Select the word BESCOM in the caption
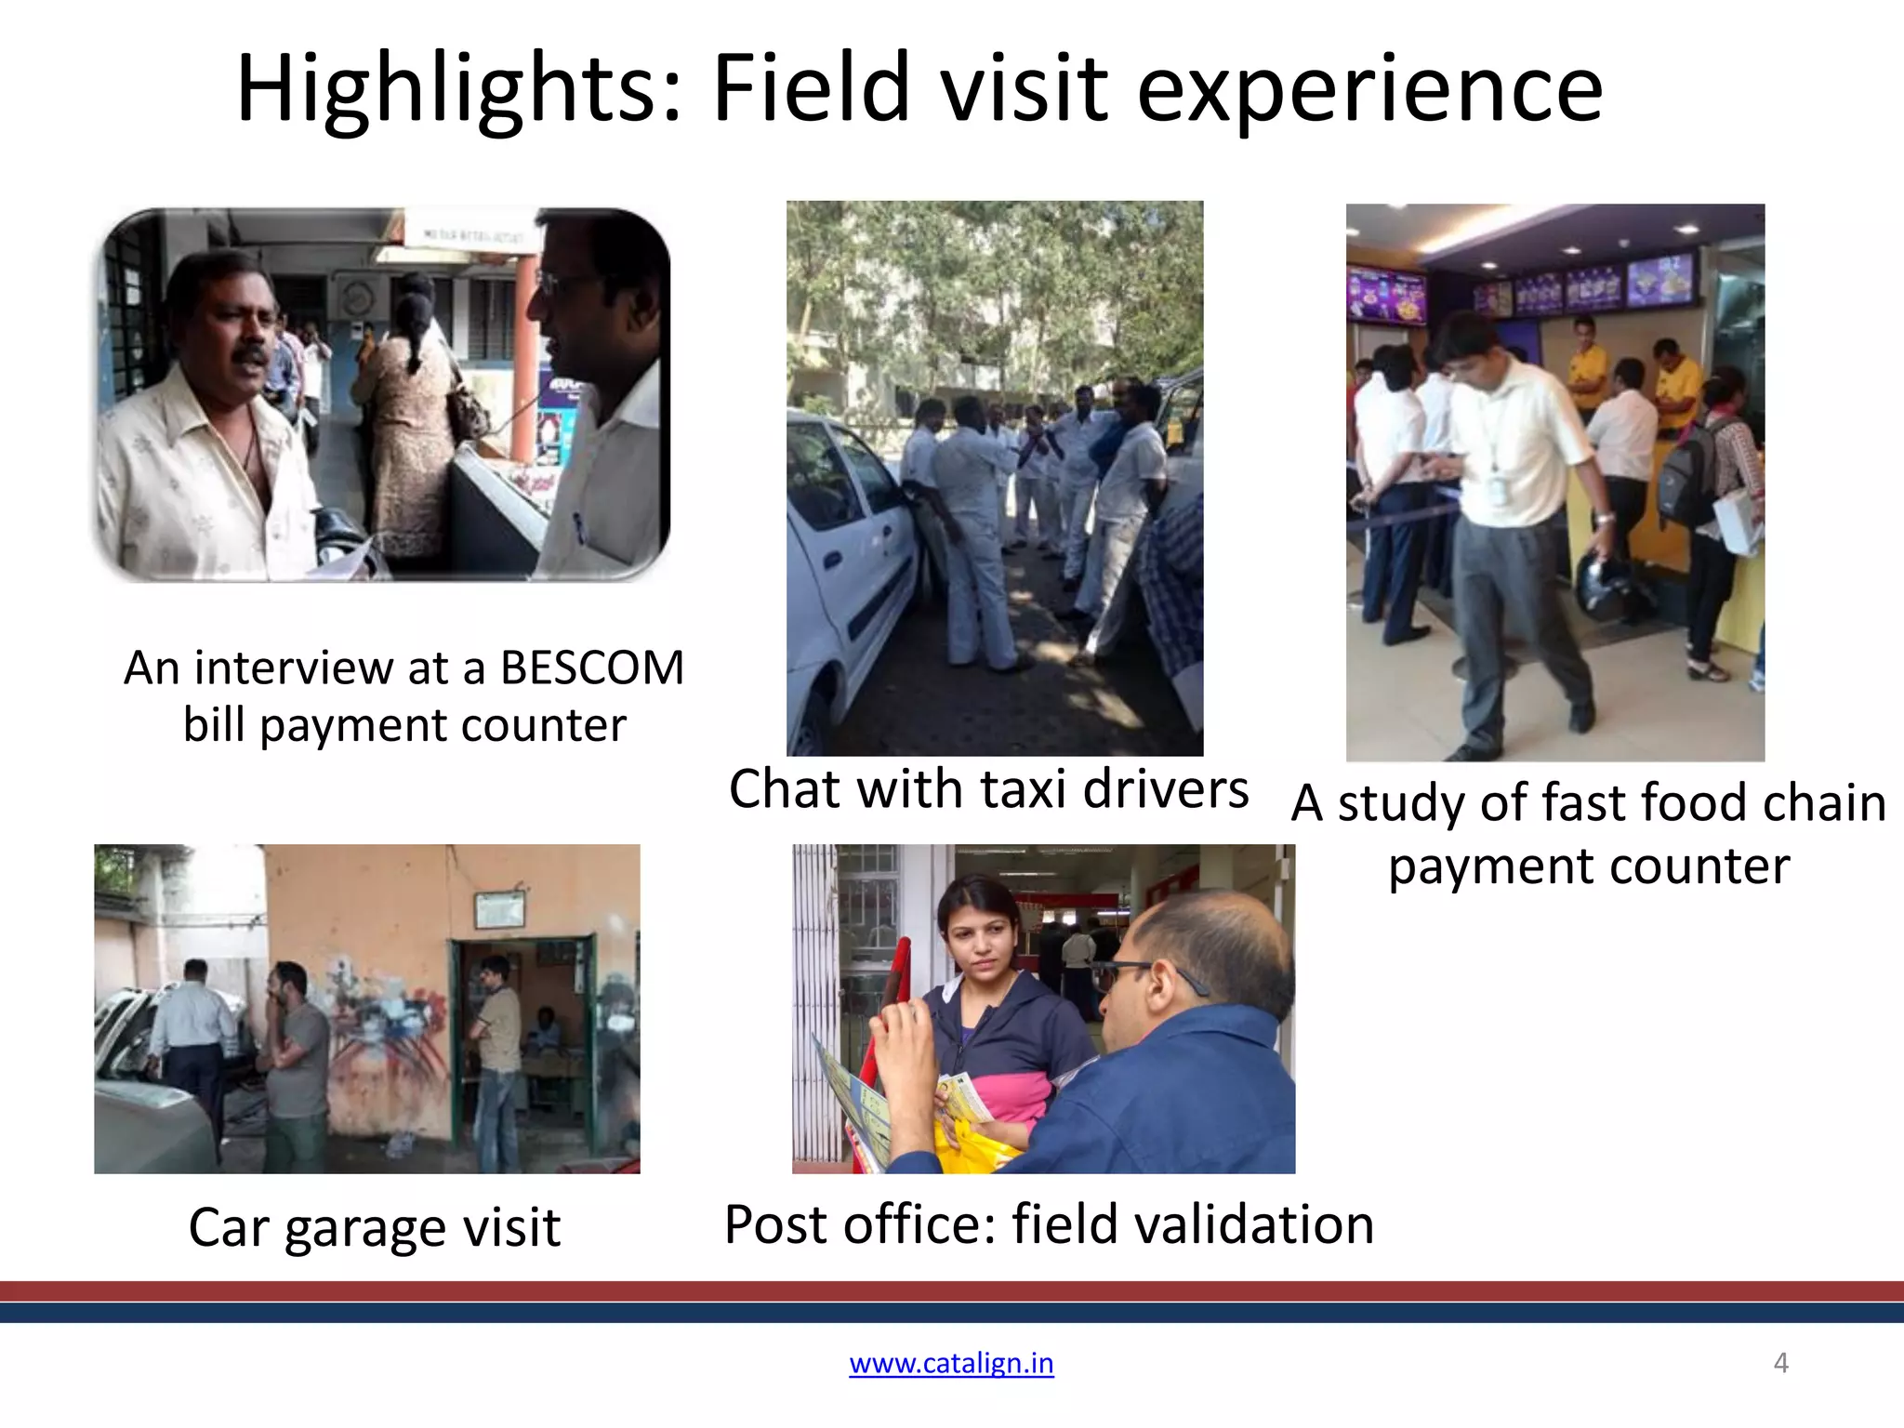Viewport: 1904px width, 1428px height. pyautogui.click(x=591, y=668)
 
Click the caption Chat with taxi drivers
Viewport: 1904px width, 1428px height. pyautogui.click(x=988, y=789)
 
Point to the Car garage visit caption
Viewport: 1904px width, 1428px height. pyautogui.click(x=374, y=1227)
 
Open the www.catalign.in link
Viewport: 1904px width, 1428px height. pyautogui.click(x=951, y=1363)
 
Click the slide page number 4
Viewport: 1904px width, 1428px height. pyautogui.click(x=1780, y=1363)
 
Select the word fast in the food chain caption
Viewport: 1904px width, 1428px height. pyautogui.click(x=1585, y=802)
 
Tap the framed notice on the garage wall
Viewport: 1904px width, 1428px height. pyautogui.click(x=499, y=910)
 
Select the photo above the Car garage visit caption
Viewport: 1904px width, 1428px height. pyautogui.click(x=366, y=1009)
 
